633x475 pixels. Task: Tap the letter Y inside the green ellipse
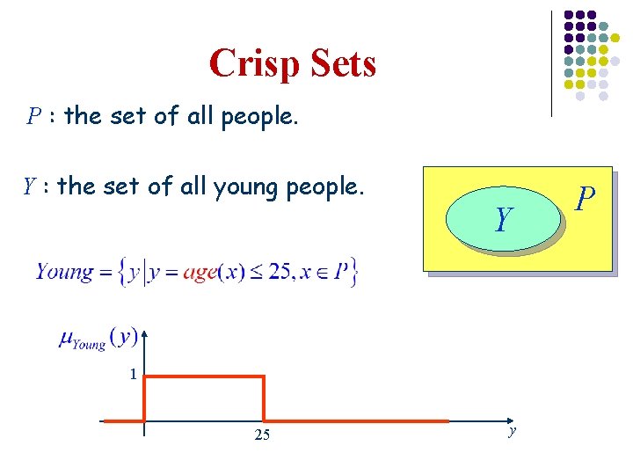point(503,219)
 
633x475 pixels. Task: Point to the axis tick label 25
point(262,435)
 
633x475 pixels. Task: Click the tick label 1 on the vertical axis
point(133,375)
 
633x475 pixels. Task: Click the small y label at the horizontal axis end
point(512,430)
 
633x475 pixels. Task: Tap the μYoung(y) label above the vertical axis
point(97,338)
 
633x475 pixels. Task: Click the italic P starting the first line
point(33,116)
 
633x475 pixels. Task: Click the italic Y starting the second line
point(29,186)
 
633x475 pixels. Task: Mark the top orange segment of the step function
point(204,377)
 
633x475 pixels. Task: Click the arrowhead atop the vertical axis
point(144,334)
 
